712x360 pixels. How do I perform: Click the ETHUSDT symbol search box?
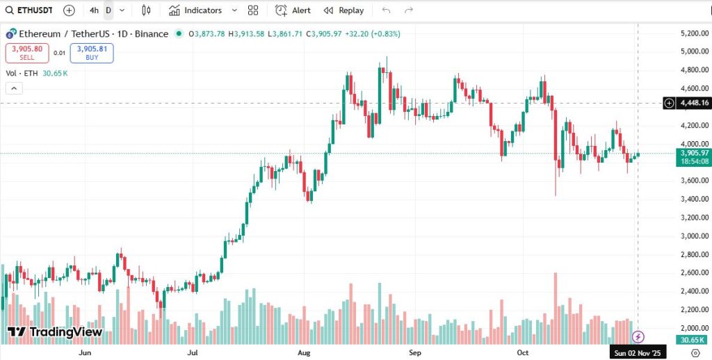(32, 10)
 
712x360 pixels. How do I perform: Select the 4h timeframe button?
(94, 10)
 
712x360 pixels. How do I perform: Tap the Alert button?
(293, 10)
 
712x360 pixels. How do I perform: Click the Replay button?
(343, 10)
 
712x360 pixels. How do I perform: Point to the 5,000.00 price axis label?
(693, 51)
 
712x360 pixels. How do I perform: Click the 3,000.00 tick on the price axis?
(693, 236)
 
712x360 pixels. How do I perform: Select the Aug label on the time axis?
(303, 352)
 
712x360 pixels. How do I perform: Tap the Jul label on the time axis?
(194, 352)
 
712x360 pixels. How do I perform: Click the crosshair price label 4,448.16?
(693, 103)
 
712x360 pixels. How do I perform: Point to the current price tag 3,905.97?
(694, 153)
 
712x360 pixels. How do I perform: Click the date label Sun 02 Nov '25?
(639, 353)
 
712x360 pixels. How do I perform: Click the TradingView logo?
(56, 332)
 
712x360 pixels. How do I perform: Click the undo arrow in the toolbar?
(387, 10)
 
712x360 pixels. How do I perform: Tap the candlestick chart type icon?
(146, 10)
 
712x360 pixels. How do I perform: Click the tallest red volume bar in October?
(556, 306)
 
